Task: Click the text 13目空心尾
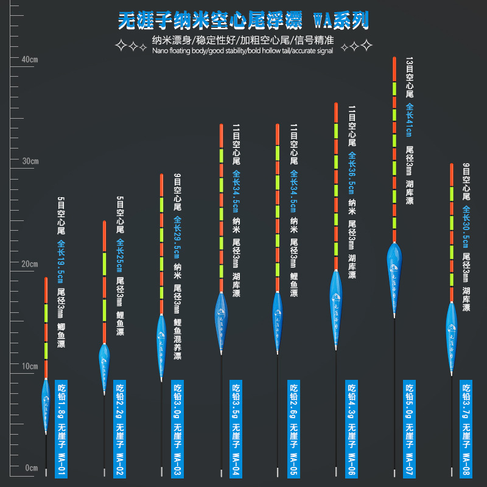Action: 409,77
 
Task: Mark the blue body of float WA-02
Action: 104,364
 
